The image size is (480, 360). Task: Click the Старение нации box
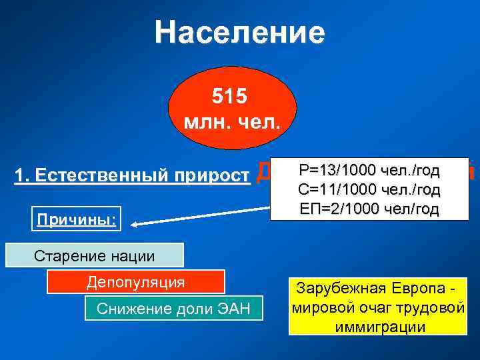pyautogui.click(x=94, y=255)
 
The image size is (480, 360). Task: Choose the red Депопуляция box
pyautogui.click(x=135, y=281)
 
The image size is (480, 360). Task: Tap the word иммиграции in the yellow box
pyautogui.click(x=377, y=327)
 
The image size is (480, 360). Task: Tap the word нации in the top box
pyautogui.click(x=134, y=255)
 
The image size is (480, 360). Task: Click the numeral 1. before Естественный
pyautogui.click(x=21, y=175)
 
